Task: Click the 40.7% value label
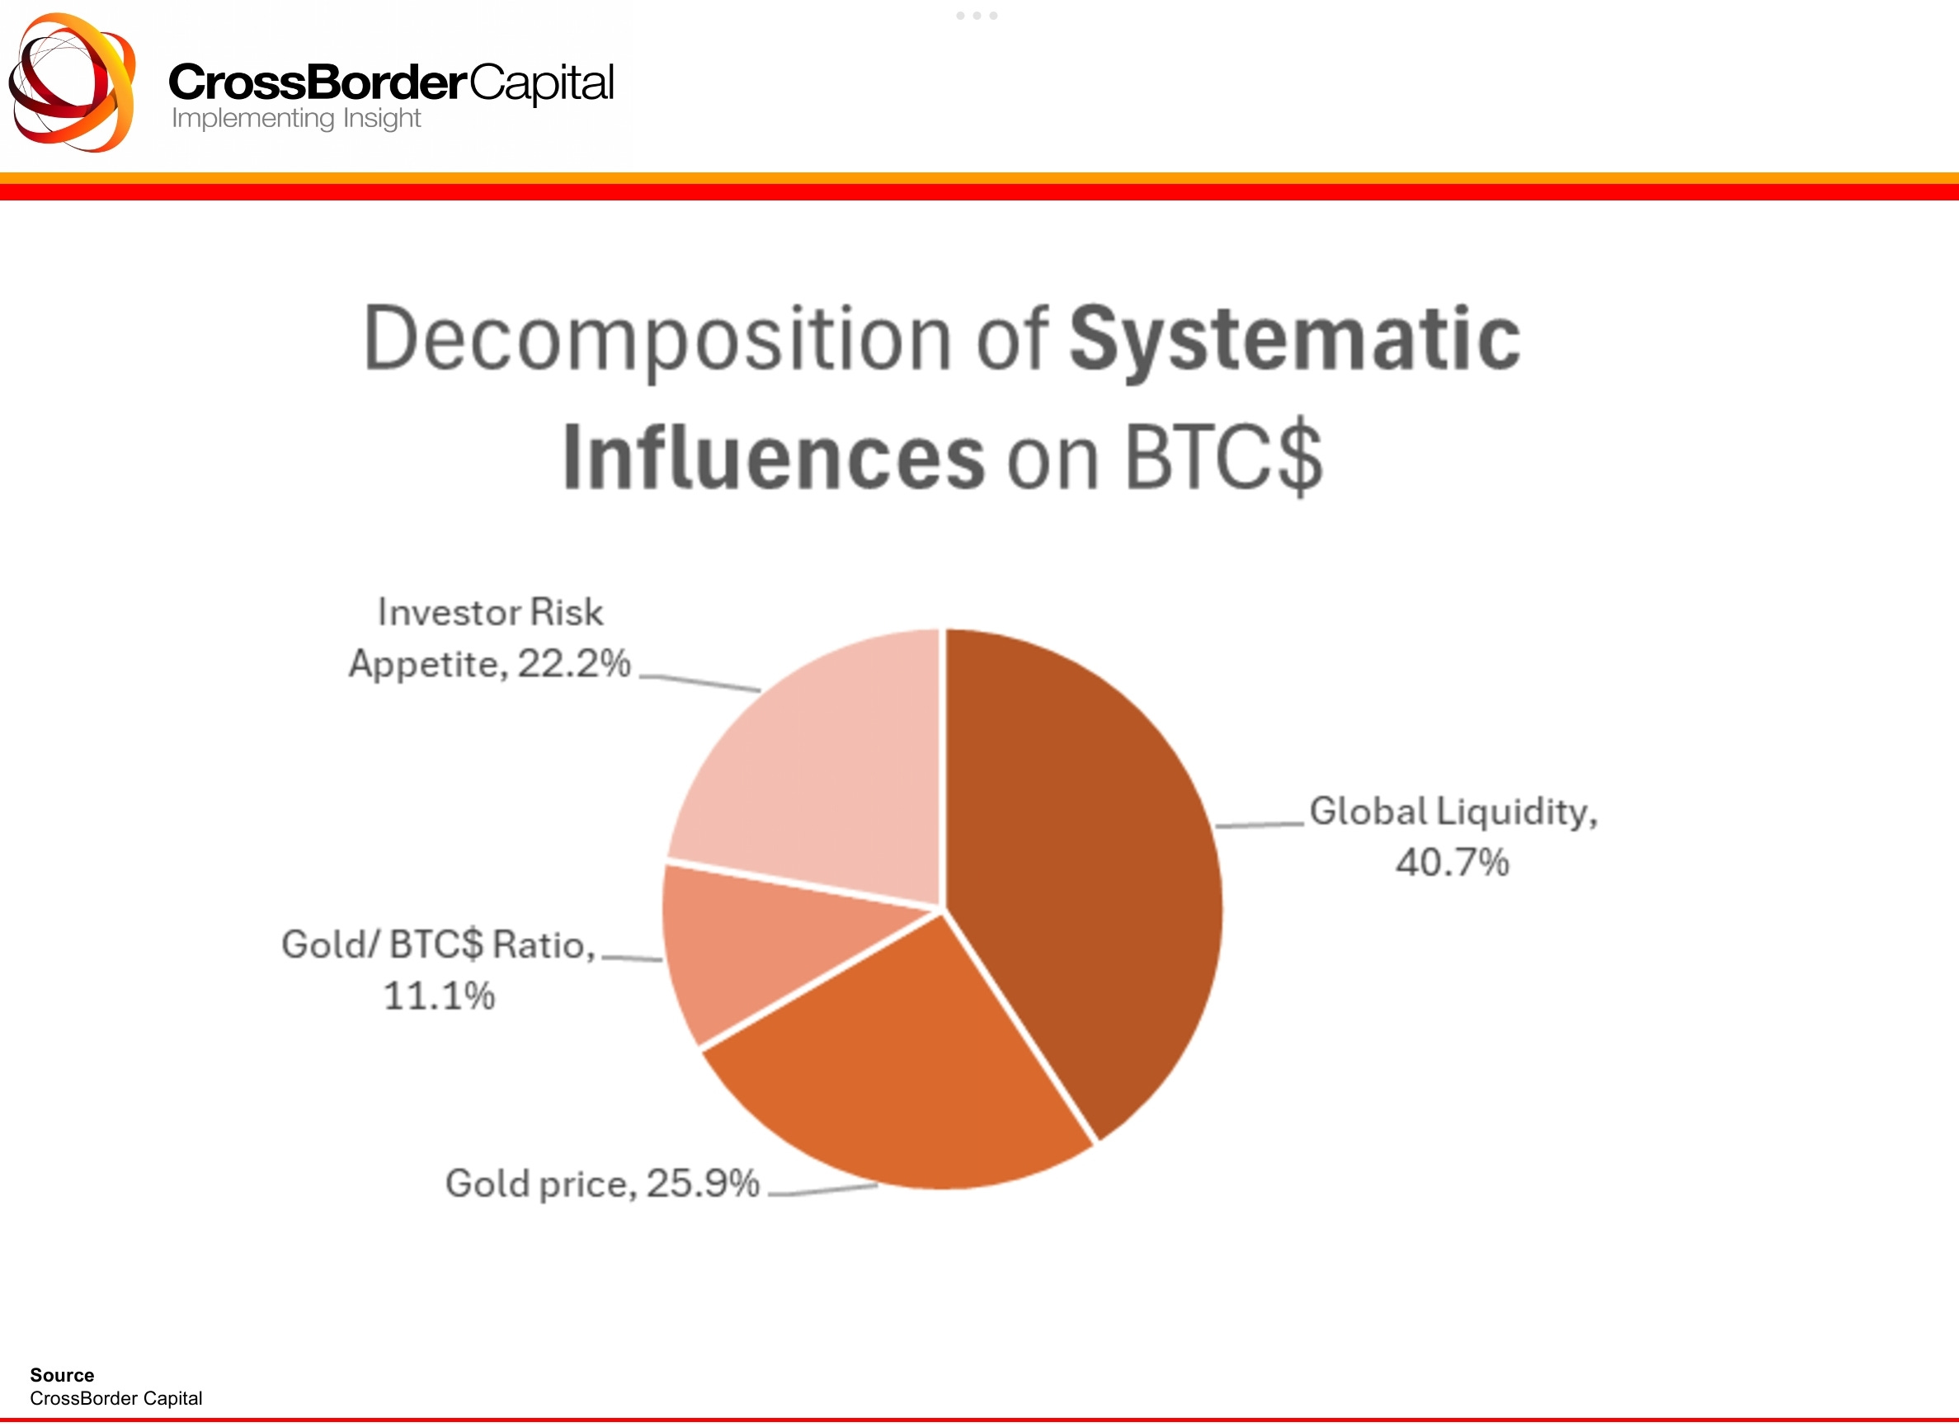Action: click(1453, 862)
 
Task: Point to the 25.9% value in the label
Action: click(703, 1184)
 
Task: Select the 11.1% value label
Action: click(439, 996)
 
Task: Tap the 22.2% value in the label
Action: click(574, 663)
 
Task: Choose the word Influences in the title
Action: click(773, 458)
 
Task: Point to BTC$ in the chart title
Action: click(1223, 458)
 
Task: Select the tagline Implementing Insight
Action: click(296, 118)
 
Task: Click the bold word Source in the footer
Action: click(62, 1374)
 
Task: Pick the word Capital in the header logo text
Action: click(542, 83)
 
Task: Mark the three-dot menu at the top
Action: click(977, 16)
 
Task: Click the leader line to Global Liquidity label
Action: click(1260, 825)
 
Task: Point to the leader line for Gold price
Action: click(822, 1190)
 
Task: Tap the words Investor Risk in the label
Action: click(491, 612)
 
